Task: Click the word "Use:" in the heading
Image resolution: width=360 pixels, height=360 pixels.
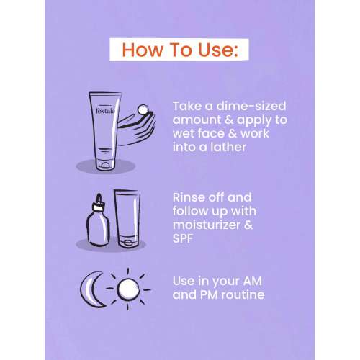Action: click(218, 50)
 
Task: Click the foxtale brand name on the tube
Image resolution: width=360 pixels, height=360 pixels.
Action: click(105, 111)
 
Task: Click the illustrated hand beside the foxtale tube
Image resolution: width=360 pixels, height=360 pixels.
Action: click(136, 128)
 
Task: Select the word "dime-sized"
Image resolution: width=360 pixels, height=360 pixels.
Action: click(251, 107)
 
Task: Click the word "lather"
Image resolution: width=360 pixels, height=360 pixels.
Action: click(228, 147)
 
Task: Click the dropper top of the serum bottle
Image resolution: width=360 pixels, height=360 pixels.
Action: click(99, 202)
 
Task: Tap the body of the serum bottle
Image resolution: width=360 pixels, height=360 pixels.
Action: click(98, 229)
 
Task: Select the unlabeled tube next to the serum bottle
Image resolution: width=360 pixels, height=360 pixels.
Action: click(127, 218)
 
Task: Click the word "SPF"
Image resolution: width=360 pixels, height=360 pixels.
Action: click(183, 238)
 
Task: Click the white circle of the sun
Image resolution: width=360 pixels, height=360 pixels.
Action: click(128, 289)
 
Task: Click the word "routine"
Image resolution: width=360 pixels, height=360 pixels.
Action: click(243, 294)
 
